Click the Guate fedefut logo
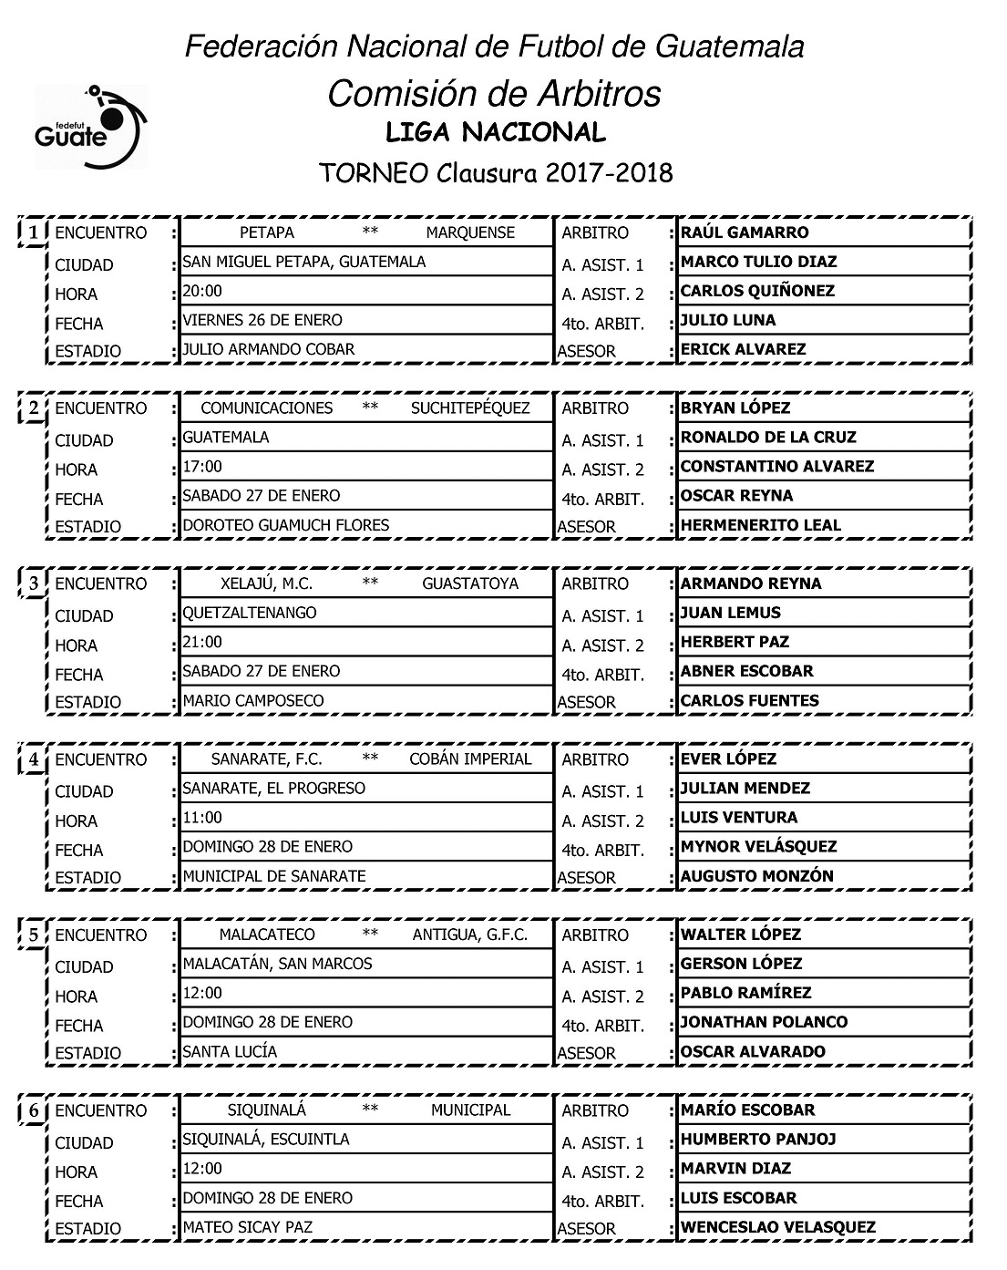pos(89,128)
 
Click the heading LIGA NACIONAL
pos(496,133)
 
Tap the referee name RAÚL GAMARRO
pos(745,232)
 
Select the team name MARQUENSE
pos(470,232)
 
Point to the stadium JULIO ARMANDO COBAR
pos(269,349)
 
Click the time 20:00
pos(202,291)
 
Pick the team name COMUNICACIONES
pos(266,408)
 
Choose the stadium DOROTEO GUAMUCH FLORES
pos(286,525)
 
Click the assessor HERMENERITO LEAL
pos(761,525)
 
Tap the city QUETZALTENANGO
pos(250,613)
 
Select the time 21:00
pos(202,642)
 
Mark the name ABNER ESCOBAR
pos(746,671)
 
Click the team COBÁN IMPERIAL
pos(470,759)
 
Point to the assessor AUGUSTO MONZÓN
pos(756,876)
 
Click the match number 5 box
pos(33,935)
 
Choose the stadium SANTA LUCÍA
pos(230,1051)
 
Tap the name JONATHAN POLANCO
pos(764,1022)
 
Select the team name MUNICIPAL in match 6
pos(470,1110)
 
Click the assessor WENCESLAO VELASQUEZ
pos(777,1227)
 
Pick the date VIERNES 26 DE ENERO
pos(262,320)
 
